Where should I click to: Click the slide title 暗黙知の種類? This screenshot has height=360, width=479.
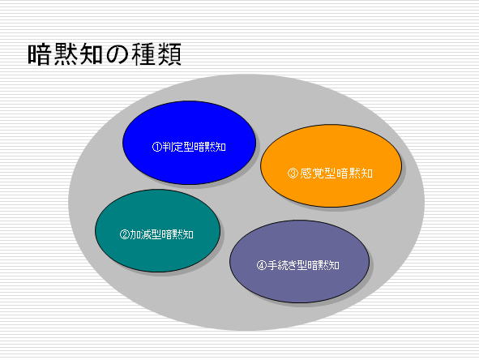click(105, 54)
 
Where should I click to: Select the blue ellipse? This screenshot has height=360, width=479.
click(189, 143)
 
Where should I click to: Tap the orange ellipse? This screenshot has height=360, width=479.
click(331, 166)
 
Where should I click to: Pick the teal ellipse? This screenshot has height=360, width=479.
click(157, 231)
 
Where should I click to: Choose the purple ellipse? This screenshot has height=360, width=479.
click(299, 262)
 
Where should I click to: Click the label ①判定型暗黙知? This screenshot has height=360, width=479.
click(189, 147)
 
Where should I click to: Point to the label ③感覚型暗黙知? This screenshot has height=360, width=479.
click(330, 174)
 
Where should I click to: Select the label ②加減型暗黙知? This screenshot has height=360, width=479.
click(156, 234)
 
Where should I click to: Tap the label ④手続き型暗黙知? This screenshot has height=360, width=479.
click(297, 265)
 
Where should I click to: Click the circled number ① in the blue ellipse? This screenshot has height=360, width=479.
click(156, 147)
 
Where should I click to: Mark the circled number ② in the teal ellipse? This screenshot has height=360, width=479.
click(124, 234)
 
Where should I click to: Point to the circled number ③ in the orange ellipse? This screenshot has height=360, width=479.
click(293, 174)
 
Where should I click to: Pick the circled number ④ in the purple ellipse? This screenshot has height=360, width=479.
click(262, 265)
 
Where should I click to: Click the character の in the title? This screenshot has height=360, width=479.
click(118, 55)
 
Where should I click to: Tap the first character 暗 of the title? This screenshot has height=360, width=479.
click(39, 54)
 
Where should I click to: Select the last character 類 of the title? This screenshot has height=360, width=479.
click(169, 54)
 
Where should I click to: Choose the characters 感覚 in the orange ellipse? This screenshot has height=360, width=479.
click(311, 174)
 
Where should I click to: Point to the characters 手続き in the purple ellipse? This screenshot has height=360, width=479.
click(283, 265)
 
